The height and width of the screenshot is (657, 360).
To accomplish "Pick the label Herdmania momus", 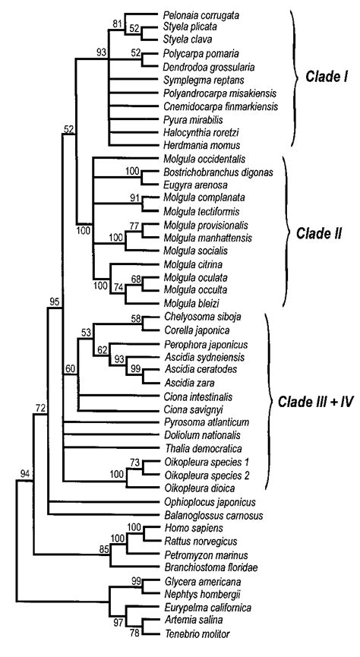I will pyautogui.click(x=194, y=144).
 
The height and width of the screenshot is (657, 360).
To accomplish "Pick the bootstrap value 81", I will pyautogui.click(x=117, y=23).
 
